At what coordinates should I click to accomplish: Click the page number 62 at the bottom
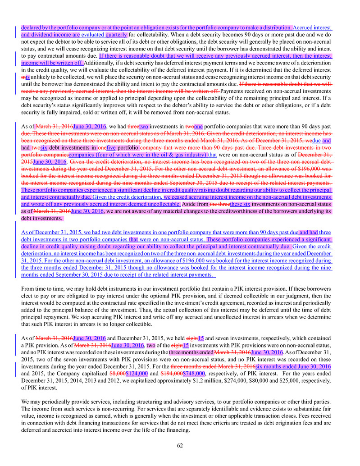(180, 446)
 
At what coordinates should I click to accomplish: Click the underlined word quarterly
(116, 34)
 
